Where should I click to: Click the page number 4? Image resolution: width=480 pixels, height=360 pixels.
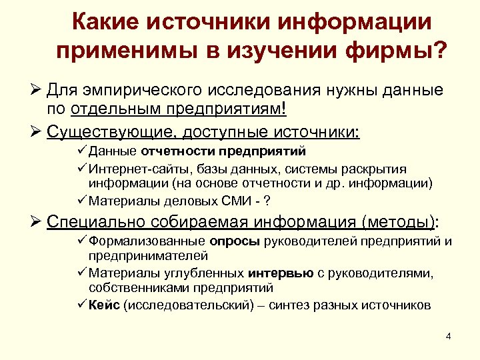(x=448, y=335)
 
